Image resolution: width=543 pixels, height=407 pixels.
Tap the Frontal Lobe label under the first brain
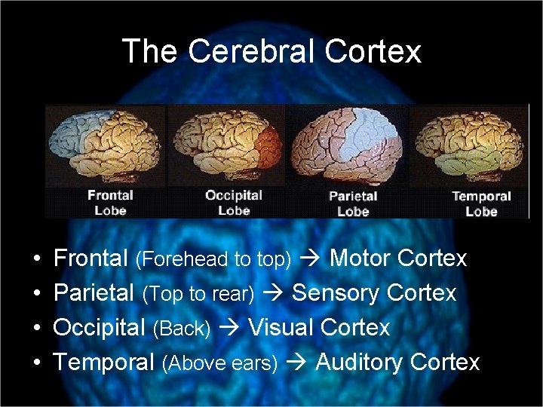coord(110,202)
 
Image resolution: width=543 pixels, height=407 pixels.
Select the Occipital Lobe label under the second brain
coord(234,202)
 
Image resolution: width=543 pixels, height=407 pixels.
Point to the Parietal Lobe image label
coord(353,203)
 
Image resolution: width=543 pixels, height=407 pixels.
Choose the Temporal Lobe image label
coord(481,203)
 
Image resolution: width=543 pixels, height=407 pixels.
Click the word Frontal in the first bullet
coord(90,259)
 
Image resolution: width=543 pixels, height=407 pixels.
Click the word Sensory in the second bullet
coord(330,292)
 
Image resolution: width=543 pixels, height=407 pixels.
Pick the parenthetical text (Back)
coord(180,329)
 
